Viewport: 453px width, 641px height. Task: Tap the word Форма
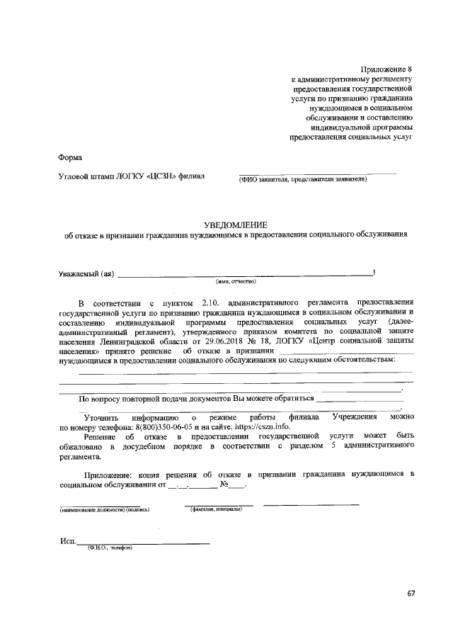(70, 157)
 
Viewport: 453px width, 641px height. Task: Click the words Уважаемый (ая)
(86, 273)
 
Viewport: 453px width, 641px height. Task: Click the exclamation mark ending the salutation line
(374, 272)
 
